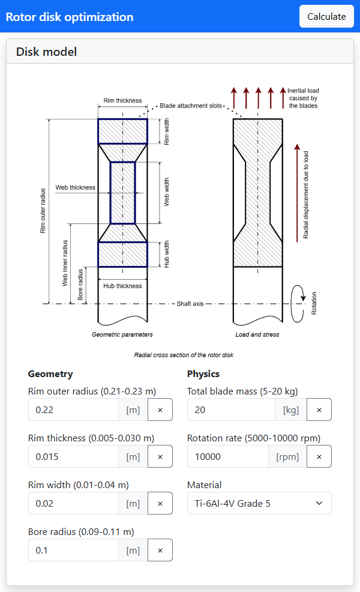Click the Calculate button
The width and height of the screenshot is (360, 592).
click(326, 16)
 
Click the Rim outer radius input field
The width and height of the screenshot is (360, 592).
click(73, 409)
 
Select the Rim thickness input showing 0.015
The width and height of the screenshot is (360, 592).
click(73, 456)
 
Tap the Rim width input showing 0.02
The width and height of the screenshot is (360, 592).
click(73, 503)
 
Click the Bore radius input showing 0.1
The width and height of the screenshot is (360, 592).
click(73, 550)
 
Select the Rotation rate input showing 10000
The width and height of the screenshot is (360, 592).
click(228, 456)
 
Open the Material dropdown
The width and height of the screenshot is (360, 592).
click(259, 503)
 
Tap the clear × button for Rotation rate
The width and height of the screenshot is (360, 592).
click(319, 456)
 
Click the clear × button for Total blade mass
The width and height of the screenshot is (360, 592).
click(319, 409)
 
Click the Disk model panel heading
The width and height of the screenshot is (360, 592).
click(47, 52)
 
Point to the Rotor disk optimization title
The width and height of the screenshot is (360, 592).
click(70, 16)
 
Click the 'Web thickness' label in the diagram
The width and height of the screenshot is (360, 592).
click(75, 187)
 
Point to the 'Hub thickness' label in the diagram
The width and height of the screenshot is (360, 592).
click(122, 286)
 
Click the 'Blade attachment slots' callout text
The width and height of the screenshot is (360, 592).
click(191, 106)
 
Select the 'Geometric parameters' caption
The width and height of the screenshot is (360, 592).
click(122, 334)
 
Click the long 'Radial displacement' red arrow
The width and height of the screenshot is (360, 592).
click(296, 192)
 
